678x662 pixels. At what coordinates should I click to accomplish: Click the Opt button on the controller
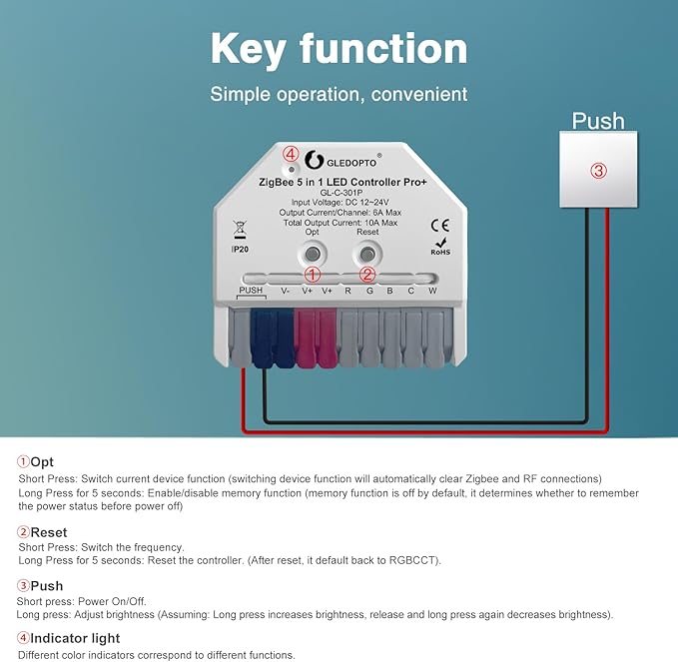tap(313, 254)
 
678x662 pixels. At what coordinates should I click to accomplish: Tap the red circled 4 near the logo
tap(291, 154)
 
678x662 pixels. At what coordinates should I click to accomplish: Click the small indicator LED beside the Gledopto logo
tap(292, 170)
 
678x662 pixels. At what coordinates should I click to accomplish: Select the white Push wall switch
tap(598, 170)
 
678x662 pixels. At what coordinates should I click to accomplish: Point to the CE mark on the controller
tap(440, 226)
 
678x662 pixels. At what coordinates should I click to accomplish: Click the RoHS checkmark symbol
tap(441, 242)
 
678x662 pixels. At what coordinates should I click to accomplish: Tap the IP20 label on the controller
tap(240, 250)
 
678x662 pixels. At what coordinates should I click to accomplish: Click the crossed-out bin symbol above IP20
tap(240, 230)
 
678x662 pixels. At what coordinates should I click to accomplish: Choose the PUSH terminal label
tap(251, 291)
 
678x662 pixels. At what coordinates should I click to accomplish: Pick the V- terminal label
tap(285, 291)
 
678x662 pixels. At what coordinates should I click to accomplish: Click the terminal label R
tap(348, 291)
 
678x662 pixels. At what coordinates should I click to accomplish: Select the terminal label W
tap(432, 291)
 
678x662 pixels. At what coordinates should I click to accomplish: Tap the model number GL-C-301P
tap(341, 193)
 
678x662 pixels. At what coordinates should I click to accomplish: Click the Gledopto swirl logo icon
tap(314, 160)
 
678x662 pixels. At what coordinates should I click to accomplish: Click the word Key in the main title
tap(248, 50)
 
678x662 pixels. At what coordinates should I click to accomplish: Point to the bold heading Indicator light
tap(75, 638)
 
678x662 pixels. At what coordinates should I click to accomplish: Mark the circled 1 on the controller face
tap(313, 275)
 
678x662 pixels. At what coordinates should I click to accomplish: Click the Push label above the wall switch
tap(598, 121)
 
